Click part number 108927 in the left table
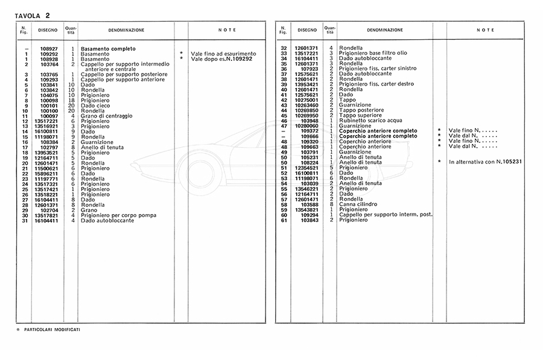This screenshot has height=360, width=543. [48, 49]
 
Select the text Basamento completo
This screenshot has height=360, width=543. [108, 49]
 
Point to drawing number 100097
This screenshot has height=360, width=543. [48, 116]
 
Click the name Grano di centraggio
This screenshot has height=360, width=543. [107, 116]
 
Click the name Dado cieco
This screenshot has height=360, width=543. [95, 106]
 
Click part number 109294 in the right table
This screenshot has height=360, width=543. [308, 215]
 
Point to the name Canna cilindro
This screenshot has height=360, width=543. [358, 204]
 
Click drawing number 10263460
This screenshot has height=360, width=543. [306, 105]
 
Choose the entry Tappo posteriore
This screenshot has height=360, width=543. [360, 110]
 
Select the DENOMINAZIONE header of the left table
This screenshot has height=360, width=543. [126, 30]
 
